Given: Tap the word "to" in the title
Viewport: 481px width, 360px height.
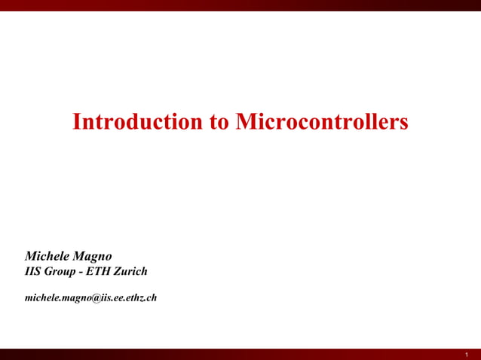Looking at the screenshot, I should [x=219, y=122].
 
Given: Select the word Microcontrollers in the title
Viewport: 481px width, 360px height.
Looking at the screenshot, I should [x=322, y=122].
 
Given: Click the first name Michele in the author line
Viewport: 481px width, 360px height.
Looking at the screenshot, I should [x=49, y=256].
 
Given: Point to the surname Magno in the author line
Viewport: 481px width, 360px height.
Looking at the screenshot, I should [x=94, y=257].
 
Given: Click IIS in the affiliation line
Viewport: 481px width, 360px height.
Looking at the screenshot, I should [x=34, y=271].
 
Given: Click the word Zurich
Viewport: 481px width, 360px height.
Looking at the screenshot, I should [x=131, y=271].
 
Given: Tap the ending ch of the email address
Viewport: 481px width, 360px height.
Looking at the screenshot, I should [x=152, y=297].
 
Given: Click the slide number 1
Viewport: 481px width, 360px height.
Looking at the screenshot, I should [x=467, y=354].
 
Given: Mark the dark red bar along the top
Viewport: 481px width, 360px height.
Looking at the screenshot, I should [x=240, y=5].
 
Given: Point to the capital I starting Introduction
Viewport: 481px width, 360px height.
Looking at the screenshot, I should [x=76, y=122].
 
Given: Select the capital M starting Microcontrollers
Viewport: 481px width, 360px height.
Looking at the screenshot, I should [x=244, y=122].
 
